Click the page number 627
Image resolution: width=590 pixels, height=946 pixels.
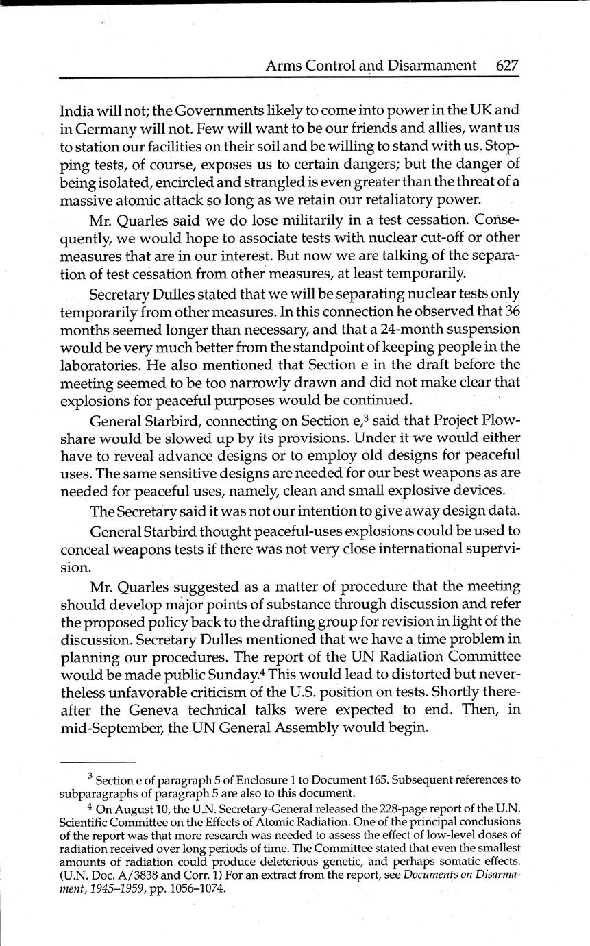pos(507,65)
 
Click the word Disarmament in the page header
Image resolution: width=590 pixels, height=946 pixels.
pos(434,65)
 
